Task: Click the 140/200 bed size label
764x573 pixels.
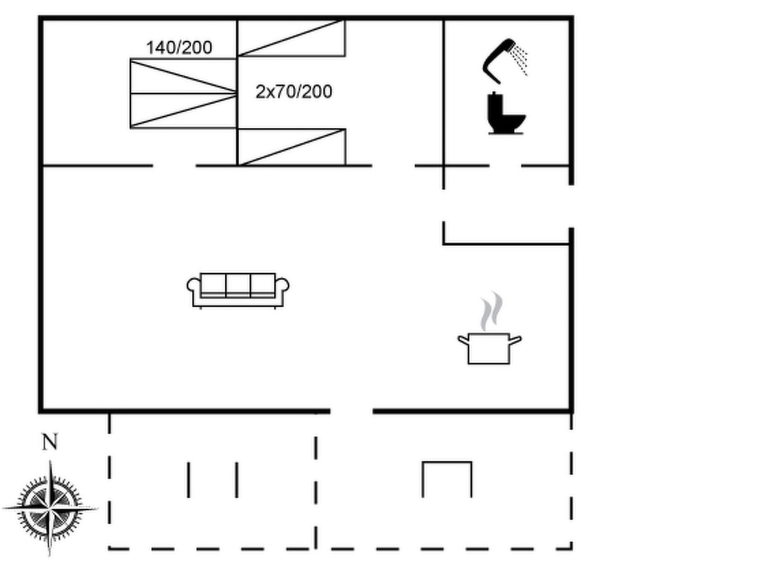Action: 179,48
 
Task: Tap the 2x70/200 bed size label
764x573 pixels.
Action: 294,92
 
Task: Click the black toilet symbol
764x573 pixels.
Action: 506,113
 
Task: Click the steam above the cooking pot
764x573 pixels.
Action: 491,311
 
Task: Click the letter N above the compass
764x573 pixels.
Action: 50,442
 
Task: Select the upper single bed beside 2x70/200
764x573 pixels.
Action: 291,38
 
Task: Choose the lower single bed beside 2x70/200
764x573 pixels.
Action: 291,147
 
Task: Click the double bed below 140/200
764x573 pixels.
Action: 183,94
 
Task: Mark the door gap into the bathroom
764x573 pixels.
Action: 505,166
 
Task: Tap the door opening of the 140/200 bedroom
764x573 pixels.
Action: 174,166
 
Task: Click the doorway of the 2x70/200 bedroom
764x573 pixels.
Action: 393,166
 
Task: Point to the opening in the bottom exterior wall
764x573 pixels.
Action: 351,411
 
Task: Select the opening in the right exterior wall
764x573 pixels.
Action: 571,206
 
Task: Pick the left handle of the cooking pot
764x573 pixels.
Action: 463,340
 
